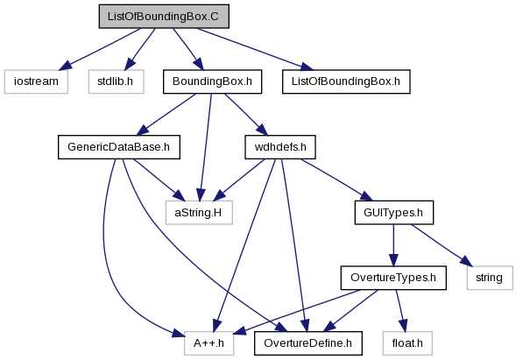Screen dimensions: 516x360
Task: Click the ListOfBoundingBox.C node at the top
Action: pyautogui.click(x=164, y=17)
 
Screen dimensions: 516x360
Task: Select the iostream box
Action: pyautogui.click(x=36, y=81)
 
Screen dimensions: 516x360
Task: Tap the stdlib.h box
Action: pyautogui.click(x=116, y=81)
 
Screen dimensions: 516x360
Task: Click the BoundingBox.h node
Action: pyautogui.click(x=212, y=81)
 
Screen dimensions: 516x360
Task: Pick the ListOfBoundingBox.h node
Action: pyautogui.click(x=346, y=81)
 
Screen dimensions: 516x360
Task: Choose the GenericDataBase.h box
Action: pyautogui.click(x=119, y=147)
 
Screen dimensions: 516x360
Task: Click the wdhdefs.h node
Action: pyautogui.click(x=280, y=147)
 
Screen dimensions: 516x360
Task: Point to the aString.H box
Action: pyautogui.click(x=199, y=213)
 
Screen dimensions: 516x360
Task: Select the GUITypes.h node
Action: pyautogui.click(x=393, y=213)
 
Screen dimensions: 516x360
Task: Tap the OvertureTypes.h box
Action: pyautogui.click(x=393, y=278)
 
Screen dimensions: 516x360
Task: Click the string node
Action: pyautogui.click(x=490, y=278)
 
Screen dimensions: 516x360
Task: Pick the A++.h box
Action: pyautogui.click(x=209, y=343)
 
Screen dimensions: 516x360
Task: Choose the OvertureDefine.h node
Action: pyautogui.click(x=308, y=343)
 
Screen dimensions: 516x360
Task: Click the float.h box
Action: pyautogui.click(x=407, y=343)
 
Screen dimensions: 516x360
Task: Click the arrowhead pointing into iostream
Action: pyautogui.click(x=65, y=65)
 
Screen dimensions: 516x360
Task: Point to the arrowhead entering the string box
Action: pyautogui.click(x=466, y=261)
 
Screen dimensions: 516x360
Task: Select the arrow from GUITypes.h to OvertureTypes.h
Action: pyautogui.click(x=393, y=245)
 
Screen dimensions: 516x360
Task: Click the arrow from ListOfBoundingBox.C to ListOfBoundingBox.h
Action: pyautogui.click(x=255, y=49)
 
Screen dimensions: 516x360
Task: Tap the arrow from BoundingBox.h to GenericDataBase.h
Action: pyautogui.click(x=166, y=115)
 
